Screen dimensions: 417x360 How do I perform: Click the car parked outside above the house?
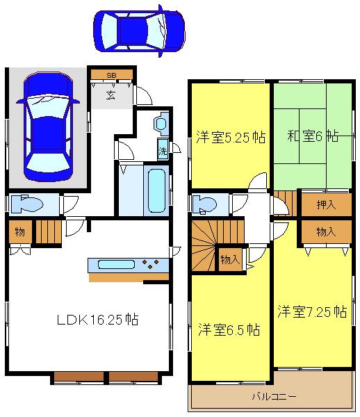[x=139, y=31]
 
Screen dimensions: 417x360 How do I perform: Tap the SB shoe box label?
[x=111, y=74]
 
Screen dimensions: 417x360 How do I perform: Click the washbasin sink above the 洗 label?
[x=161, y=124]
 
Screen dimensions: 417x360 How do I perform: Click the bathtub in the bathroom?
[x=155, y=190]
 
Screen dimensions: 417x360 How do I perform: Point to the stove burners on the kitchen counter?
[x=152, y=264]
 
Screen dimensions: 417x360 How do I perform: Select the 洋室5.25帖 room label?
[x=229, y=137]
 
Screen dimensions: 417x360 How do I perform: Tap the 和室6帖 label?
[x=313, y=136]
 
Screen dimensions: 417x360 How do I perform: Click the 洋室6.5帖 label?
[x=229, y=328]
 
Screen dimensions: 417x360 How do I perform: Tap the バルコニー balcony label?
[x=273, y=398]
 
